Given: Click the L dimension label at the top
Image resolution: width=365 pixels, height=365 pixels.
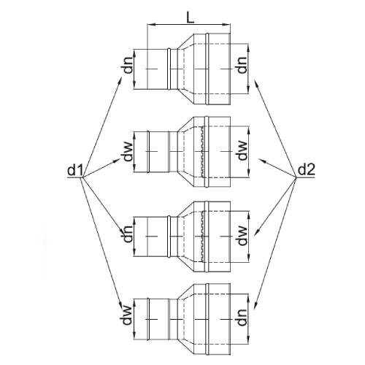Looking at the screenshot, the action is pos(191,18).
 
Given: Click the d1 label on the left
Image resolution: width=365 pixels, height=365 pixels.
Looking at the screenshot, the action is pos(75,170).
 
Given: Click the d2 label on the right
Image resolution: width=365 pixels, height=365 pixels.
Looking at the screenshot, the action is pos(307,169).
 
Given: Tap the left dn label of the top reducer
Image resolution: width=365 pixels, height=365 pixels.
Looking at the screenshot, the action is pos(128,65).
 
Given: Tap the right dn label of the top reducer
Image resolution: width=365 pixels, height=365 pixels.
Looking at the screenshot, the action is pos(242,65).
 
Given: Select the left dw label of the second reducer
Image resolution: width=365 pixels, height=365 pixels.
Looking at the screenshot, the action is pos(128,152).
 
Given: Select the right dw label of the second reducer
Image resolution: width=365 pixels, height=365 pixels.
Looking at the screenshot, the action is pos(242,151).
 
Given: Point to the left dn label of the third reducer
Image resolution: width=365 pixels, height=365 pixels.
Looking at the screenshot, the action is pos(128,234).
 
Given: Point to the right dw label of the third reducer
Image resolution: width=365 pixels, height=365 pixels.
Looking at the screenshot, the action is pos(242,236).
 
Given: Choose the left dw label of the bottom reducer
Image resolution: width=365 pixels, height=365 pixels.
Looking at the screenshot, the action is pos(128,315).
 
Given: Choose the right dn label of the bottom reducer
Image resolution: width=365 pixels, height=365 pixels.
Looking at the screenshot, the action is pos(242,318).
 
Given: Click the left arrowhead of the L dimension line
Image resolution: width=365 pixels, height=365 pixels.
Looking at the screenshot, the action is pos(150,24).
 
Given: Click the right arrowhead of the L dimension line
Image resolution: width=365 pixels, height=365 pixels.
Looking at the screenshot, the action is pos(227,24).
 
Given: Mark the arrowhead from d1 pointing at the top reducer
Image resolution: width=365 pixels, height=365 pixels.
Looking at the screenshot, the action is pos(120,80).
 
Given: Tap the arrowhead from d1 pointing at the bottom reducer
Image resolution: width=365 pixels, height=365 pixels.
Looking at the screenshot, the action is pos(120,305).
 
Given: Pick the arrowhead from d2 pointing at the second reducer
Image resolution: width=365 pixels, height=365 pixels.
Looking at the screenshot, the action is pos(261,161).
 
